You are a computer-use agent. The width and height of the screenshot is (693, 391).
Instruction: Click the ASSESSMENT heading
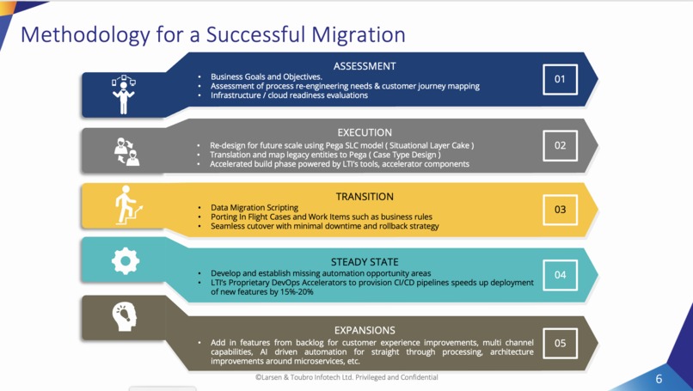point(364,66)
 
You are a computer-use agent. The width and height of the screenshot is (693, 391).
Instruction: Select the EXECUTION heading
point(364,132)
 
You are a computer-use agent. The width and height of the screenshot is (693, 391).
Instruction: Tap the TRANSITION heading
point(364,197)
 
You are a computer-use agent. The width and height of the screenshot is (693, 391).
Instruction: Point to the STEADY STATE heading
point(364,262)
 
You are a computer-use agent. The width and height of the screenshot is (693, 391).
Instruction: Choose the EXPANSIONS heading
point(364,330)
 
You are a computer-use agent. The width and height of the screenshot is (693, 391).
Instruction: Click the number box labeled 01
point(560,79)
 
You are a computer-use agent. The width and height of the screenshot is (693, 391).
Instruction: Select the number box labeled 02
point(560,145)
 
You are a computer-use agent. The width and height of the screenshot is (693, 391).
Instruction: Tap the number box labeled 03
point(560,210)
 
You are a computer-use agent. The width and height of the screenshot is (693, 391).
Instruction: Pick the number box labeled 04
point(560,275)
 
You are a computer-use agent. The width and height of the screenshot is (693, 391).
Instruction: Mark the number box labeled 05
point(560,343)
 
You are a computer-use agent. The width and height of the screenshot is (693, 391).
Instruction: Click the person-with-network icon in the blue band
point(124,94)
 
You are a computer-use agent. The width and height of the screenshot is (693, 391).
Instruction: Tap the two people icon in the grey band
point(126,151)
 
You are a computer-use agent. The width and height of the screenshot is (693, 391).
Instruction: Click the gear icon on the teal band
point(126,260)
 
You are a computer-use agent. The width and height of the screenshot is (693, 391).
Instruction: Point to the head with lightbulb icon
point(126,316)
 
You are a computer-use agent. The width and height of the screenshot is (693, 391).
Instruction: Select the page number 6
point(659,379)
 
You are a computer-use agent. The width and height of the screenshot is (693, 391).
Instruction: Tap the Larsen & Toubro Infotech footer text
point(346,377)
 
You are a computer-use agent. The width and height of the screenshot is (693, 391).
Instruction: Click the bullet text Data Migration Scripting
point(255,208)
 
